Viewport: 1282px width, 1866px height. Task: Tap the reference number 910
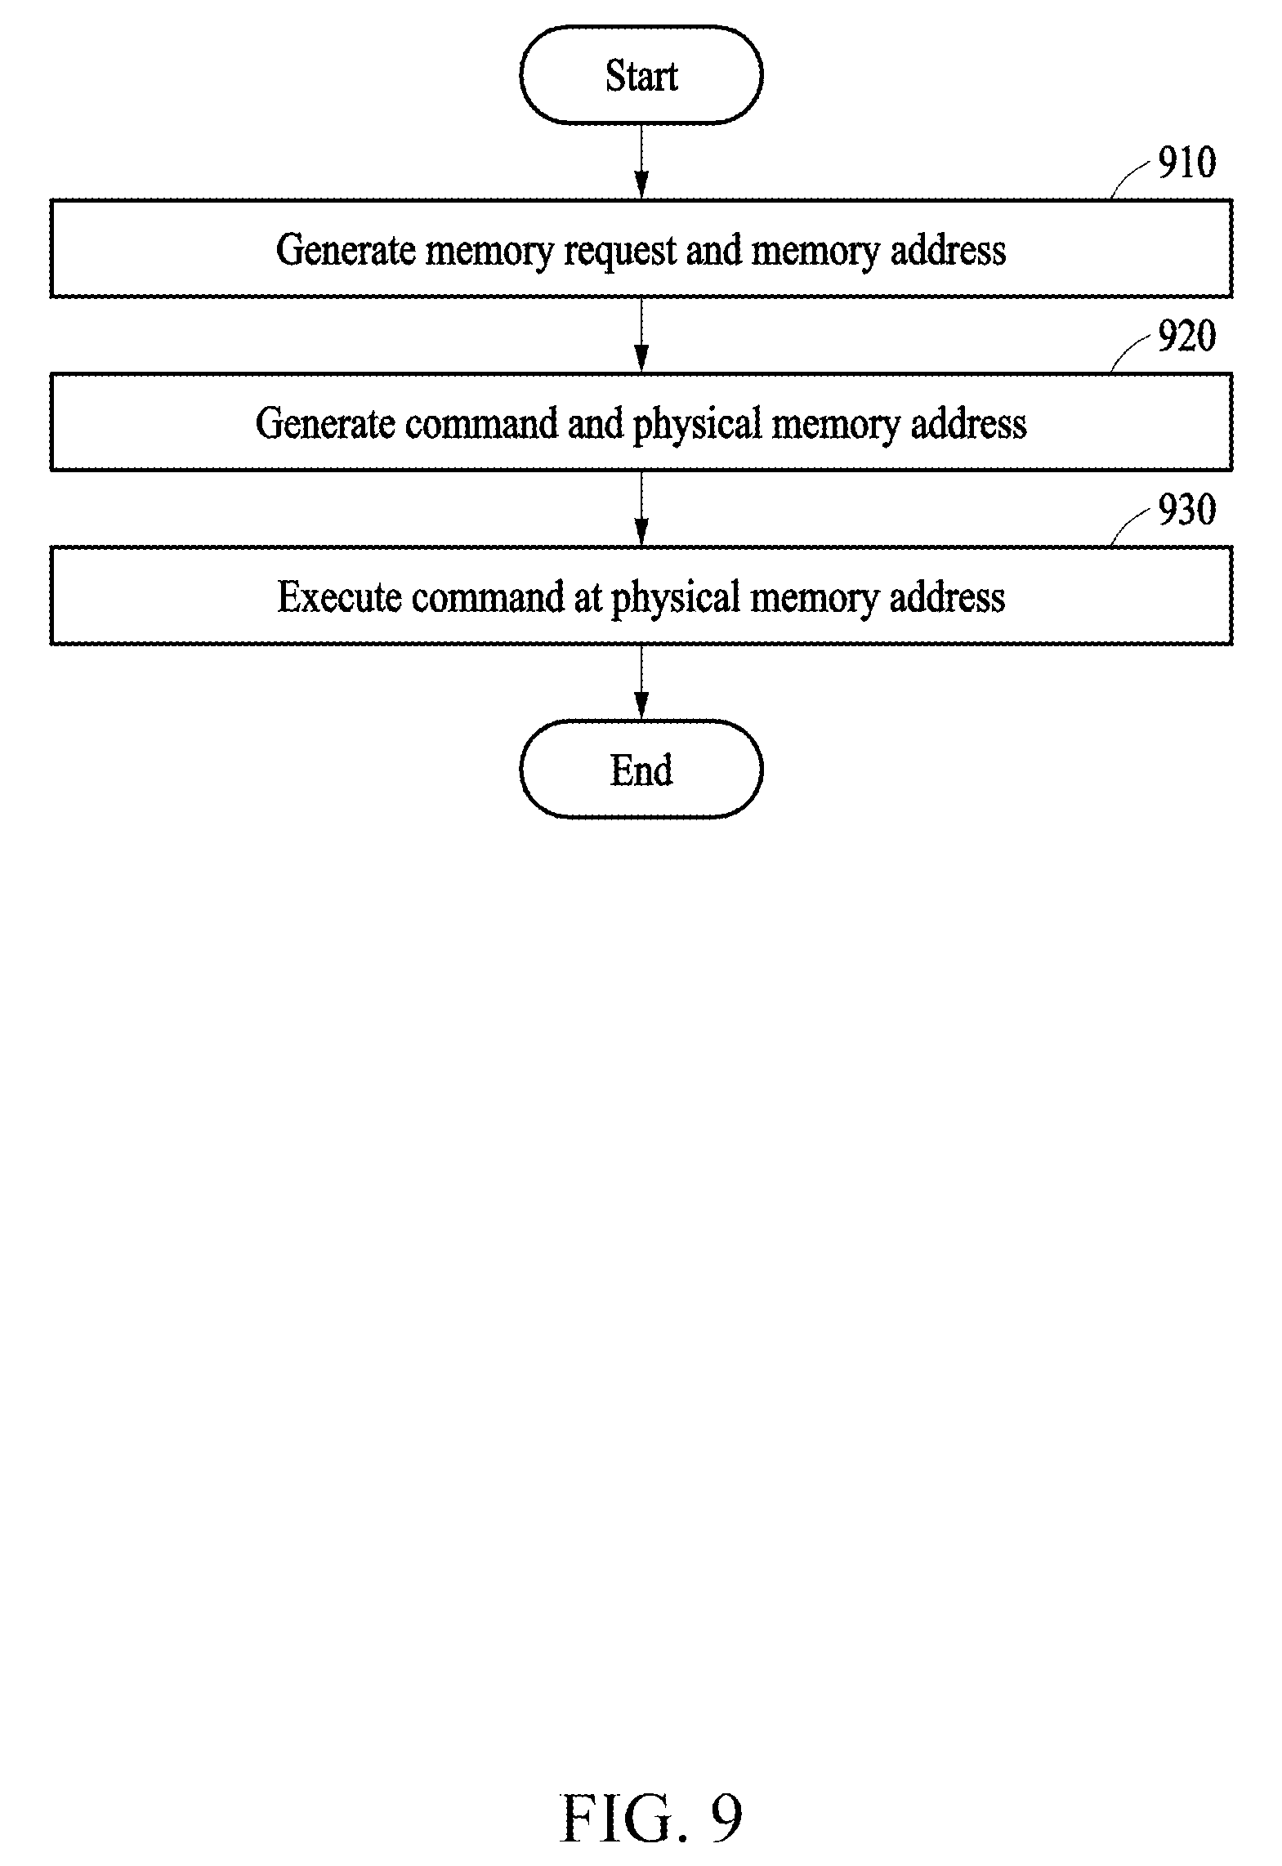coord(1186,163)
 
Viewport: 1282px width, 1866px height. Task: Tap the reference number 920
coord(1186,336)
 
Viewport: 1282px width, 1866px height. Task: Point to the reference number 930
coord(1186,510)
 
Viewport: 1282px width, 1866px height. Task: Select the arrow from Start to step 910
coord(641,162)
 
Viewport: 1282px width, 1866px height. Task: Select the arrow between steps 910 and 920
coord(641,335)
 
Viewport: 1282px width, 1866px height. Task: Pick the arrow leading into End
coord(641,682)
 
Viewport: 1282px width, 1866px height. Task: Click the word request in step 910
coord(620,252)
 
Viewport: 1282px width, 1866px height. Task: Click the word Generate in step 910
coord(346,249)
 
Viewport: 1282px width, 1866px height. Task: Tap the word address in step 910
coord(948,249)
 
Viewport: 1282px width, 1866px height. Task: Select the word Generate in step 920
coord(325,423)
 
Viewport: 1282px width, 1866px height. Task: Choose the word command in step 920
coord(480,423)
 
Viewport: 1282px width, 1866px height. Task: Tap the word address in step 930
coord(947,596)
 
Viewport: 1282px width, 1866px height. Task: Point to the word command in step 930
coord(488,596)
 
